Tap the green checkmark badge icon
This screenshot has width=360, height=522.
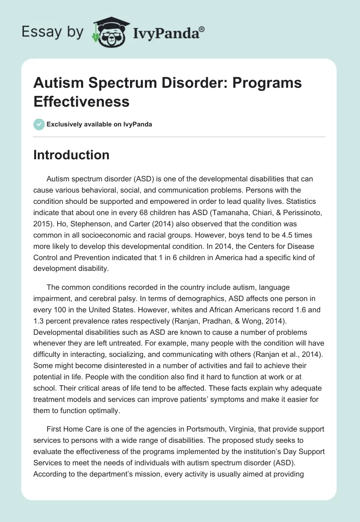click(x=39, y=124)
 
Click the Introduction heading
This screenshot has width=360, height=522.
click(x=72, y=155)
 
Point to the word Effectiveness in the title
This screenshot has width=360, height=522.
click(x=81, y=102)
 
